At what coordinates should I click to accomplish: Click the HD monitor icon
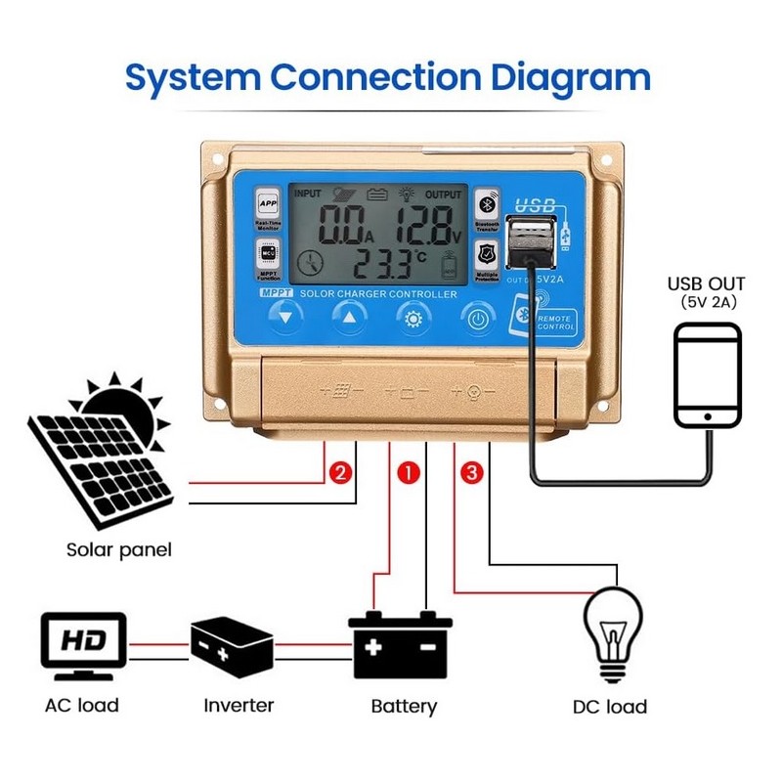click(x=84, y=645)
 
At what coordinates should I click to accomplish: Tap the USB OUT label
click(x=706, y=284)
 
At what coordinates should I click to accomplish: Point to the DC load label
click(x=609, y=706)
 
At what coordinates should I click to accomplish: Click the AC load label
click(x=82, y=705)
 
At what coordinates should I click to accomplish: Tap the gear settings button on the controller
click(x=412, y=319)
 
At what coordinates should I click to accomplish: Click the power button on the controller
click(x=476, y=319)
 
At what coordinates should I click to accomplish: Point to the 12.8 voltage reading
click(x=421, y=222)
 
